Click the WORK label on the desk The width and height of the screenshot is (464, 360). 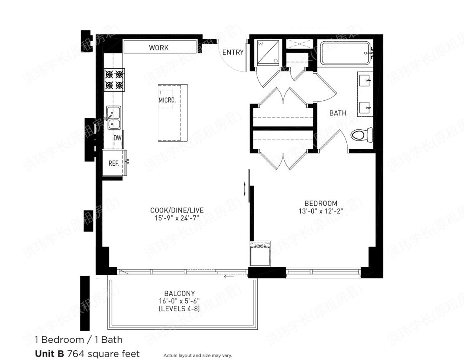(x=159, y=48)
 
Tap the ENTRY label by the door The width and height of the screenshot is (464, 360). (x=233, y=52)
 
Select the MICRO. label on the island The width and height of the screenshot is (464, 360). (x=167, y=100)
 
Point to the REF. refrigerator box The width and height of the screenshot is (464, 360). (x=113, y=163)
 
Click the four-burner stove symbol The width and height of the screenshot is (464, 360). (x=114, y=80)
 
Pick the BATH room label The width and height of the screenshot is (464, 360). (x=338, y=113)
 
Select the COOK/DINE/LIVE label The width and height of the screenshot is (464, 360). (x=174, y=210)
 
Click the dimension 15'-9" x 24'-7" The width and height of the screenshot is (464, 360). (x=174, y=218)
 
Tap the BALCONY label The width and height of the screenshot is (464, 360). (x=179, y=293)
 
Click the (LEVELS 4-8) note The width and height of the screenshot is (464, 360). (x=179, y=309)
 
